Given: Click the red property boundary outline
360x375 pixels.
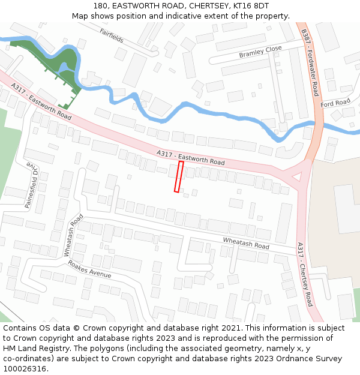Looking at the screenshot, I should [x=178, y=176].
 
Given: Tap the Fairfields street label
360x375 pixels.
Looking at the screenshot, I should [x=112, y=35].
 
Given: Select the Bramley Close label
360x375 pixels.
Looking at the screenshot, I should [x=260, y=52].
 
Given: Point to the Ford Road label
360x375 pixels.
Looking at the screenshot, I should [x=335, y=103].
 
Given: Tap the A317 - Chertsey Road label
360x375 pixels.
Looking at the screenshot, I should [x=305, y=274].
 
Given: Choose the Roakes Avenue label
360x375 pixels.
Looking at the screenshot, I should [x=89, y=269].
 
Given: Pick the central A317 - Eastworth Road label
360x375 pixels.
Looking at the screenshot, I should [x=191, y=158].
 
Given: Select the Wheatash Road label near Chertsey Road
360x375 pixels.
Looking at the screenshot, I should [x=246, y=243].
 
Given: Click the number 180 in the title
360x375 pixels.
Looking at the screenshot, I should [x=100, y=5].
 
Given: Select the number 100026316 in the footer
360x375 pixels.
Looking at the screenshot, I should [x=25, y=368].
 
